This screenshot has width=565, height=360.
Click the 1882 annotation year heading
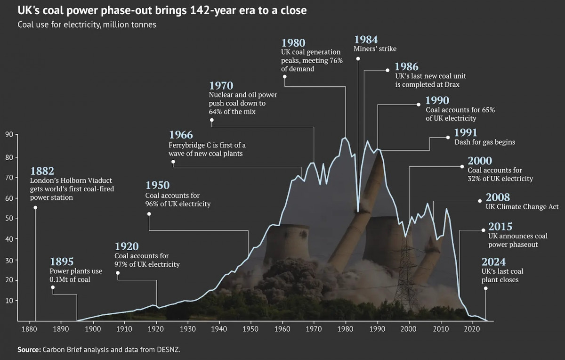coord(42,171)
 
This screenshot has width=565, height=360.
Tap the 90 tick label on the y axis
coord(9,134)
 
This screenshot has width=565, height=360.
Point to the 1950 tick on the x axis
coord(251,329)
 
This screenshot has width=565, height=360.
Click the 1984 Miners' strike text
coord(375,49)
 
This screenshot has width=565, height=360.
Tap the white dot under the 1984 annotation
coord(358,59)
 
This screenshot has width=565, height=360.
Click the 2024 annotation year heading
coord(493,262)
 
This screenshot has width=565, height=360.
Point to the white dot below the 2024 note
coord(486,288)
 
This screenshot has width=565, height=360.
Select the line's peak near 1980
coord(345,138)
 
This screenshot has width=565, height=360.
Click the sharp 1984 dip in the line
coord(358,212)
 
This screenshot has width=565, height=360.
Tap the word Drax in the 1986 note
coord(451,85)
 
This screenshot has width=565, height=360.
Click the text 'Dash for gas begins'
coord(484,142)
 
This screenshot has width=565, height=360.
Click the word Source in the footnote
coord(29,350)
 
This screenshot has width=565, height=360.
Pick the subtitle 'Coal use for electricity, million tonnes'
coord(87,25)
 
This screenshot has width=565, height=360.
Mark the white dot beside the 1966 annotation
coord(173,162)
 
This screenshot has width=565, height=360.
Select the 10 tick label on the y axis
coord(9,301)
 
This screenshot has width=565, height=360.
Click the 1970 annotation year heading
coord(221,86)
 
